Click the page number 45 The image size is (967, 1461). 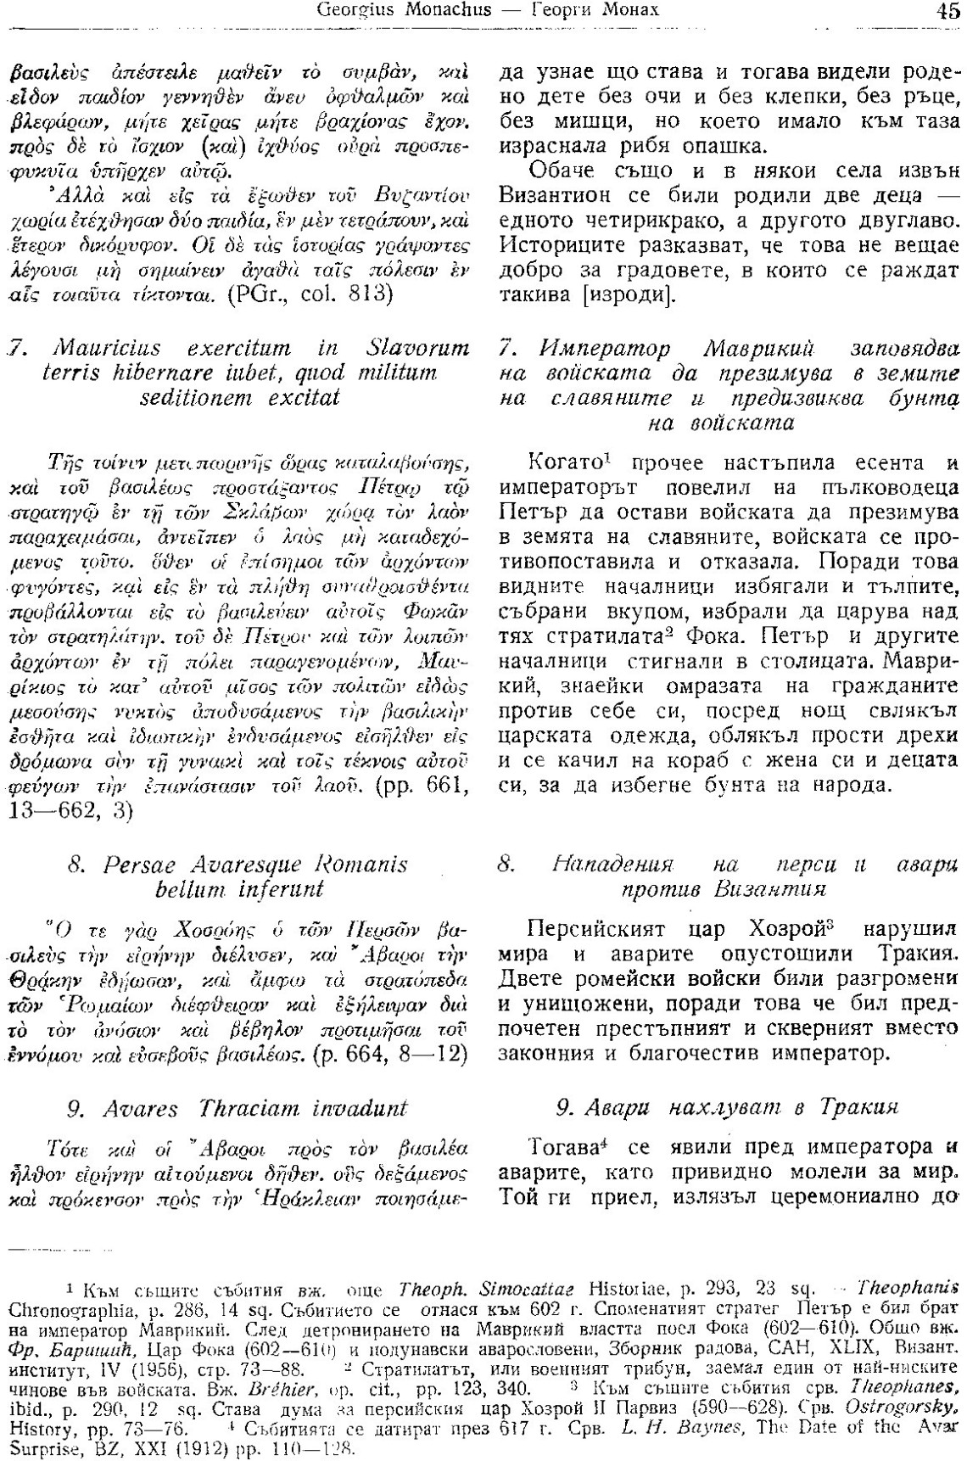click(947, 12)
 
